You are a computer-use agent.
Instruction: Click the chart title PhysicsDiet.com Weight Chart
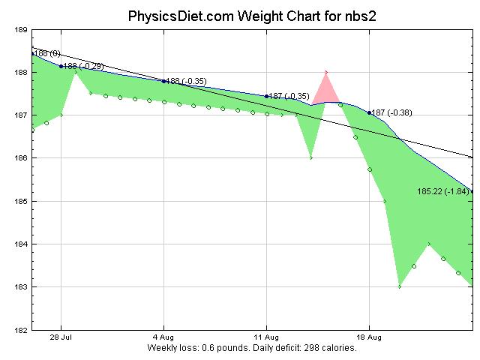pos(239,15)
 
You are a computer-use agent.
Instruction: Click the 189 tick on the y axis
pos(21,30)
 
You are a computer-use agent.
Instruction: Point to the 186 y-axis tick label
pos(21,159)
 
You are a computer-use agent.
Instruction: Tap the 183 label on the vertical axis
pos(21,287)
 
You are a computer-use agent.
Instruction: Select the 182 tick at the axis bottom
pos(21,330)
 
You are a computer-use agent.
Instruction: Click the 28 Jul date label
pos(61,338)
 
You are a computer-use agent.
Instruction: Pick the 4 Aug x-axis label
pos(163,338)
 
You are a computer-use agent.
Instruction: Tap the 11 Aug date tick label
pos(266,338)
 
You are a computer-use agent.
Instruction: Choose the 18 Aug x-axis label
pos(369,338)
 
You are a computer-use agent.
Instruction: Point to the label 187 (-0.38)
pos(391,112)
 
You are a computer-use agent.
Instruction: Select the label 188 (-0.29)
pos(83,67)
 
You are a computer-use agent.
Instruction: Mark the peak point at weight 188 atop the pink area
pos(325,72)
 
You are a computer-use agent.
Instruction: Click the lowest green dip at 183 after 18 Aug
pos(399,286)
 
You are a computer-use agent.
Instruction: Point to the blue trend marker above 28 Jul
pos(61,66)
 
